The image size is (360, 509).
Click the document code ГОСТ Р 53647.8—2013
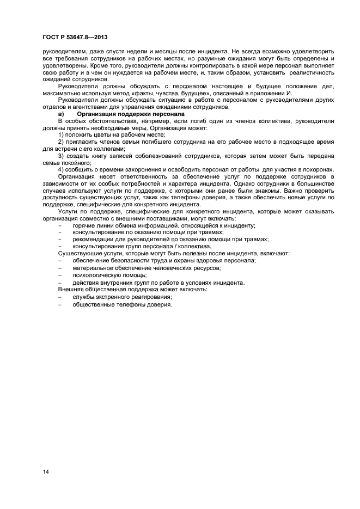coord(74,36)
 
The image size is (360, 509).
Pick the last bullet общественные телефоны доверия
coord(122,304)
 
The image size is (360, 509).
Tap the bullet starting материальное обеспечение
coord(147,268)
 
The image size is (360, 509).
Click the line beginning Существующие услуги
coord(174,254)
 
